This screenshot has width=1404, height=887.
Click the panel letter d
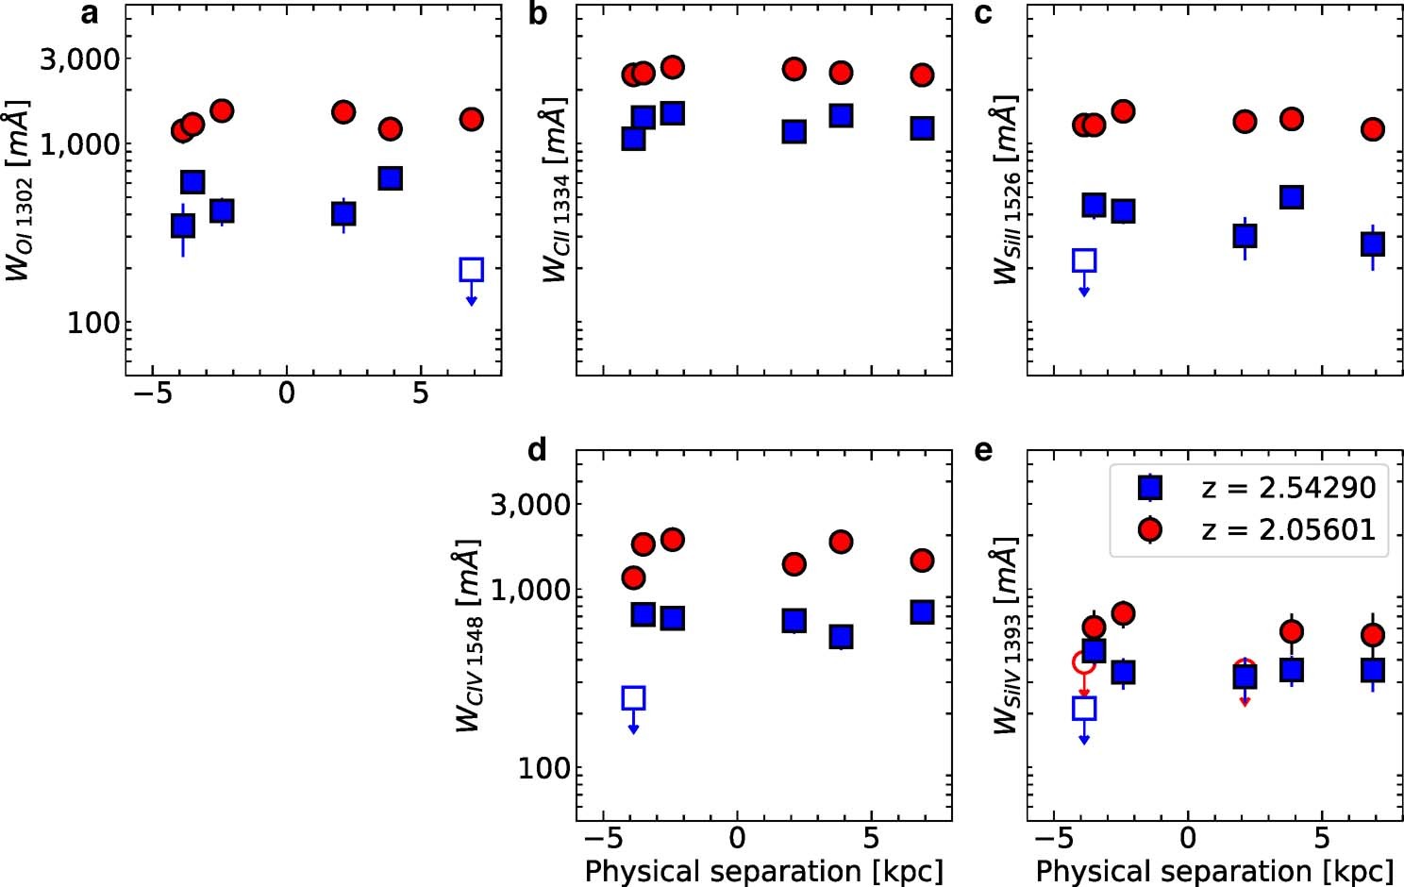pos(537,450)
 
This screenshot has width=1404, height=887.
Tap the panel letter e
pos(982,450)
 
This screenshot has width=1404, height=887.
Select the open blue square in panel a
pos(471,270)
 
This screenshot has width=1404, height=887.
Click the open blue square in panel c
pos(1084,261)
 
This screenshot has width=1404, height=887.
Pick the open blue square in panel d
pos(633,698)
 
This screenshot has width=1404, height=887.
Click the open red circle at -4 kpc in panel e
pos(1084,662)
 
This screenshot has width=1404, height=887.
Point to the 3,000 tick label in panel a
pos(80,59)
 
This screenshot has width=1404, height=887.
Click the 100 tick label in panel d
pos(544,769)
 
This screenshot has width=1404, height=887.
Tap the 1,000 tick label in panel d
pos(531,590)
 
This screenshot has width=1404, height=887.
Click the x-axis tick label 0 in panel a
pos(286,393)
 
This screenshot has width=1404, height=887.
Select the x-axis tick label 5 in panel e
pos(1321,838)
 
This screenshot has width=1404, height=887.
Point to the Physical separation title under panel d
pos(763,870)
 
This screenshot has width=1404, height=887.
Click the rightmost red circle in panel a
pos(471,119)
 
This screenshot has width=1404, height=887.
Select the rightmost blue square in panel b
pos(922,128)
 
